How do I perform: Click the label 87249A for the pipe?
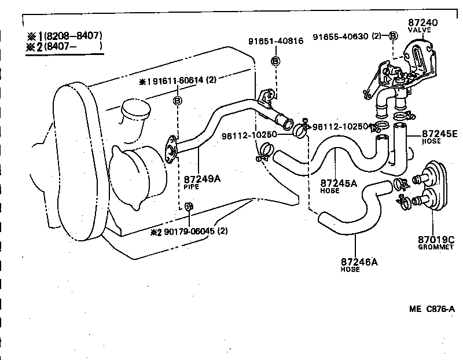click(x=202, y=179)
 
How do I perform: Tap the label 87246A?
click(x=359, y=262)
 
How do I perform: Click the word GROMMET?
click(x=437, y=247)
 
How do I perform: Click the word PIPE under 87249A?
click(x=192, y=188)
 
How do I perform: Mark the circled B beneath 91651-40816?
click(x=275, y=61)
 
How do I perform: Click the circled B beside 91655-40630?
click(x=393, y=36)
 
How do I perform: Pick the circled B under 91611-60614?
click(x=178, y=101)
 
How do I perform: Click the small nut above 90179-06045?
click(x=189, y=206)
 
